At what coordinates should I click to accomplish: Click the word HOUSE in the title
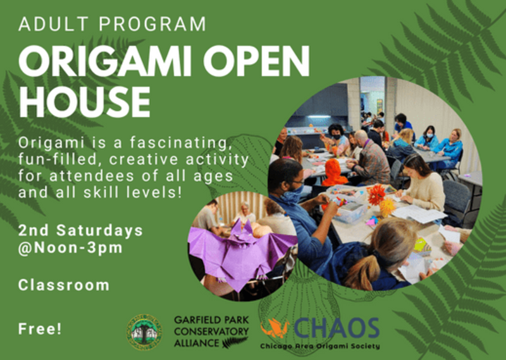tap(84, 101)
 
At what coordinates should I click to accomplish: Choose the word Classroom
tap(63, 285)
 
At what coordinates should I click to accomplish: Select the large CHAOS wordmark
tap(336, 328)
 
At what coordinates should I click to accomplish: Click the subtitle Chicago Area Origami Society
tap(319, 346)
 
